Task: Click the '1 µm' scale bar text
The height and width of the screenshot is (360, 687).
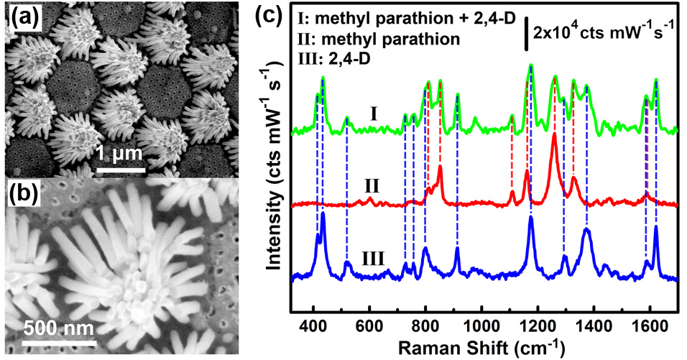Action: [119, 153]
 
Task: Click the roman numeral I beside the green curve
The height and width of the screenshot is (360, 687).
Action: [374, 114]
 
